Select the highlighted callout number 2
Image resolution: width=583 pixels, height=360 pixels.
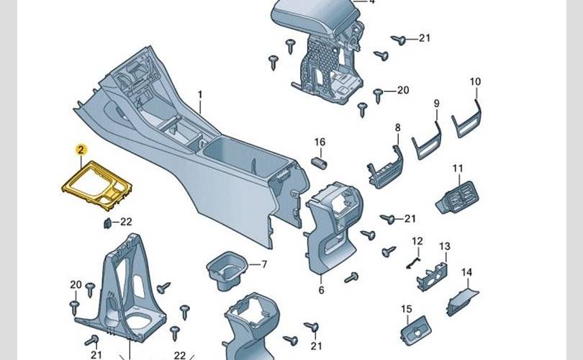[81, 149]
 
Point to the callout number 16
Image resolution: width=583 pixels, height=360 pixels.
[320, 142]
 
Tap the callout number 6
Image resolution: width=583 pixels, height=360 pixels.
[321, 290]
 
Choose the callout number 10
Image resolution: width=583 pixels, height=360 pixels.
[475, 82]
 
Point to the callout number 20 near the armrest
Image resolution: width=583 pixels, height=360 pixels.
[402, 90]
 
